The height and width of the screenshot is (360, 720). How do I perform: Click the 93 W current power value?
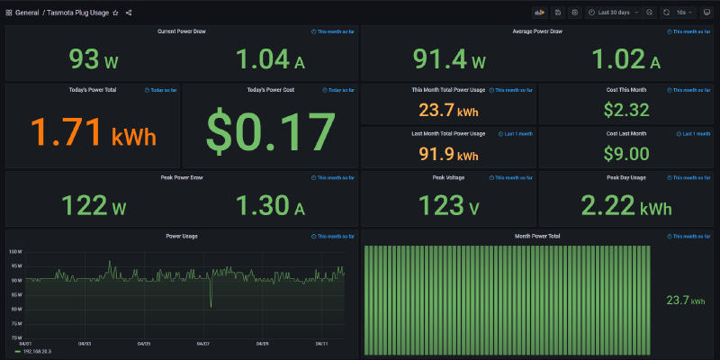point(94,60)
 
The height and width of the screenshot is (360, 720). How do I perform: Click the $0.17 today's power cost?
point(271,132)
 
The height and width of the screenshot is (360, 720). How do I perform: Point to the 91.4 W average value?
point(449,60)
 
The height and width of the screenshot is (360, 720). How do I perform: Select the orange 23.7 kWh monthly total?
point(448,112)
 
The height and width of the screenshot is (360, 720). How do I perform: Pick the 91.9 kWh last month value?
point(448,154)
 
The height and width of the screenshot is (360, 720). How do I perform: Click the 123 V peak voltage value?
point(448,206)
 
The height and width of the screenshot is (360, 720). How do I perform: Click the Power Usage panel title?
point(182,236)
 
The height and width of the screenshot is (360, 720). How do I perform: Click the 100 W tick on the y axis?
point(15,252)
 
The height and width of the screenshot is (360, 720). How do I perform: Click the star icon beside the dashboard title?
point(115,13)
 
